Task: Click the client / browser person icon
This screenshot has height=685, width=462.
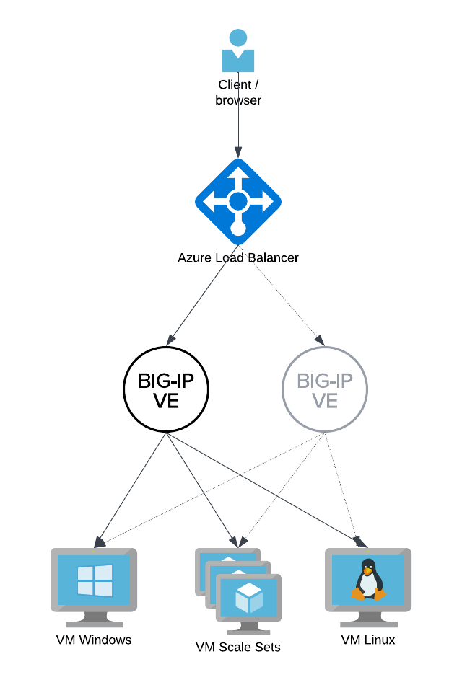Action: pyautogui.click(x=237, y=50)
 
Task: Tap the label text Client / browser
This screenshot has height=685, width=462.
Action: pyautogui.click(x=238, y=93)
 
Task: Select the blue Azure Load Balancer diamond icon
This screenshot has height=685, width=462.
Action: pyautogui.click(x=238, y=201)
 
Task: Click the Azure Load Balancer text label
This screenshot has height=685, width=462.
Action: pyautogui.click(x=238, y=257)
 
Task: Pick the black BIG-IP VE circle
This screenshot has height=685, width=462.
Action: pyautogui.click(x=166, y=390)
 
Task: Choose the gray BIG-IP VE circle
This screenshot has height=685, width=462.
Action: pyautogui.click(x=324, y=390)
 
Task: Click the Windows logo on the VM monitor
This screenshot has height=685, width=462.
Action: pyautogui.click(x=95, y=580)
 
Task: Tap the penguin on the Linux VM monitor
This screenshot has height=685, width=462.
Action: pyautogui.click(x=368, y=580)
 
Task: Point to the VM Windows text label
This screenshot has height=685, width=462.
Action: pyautogui.click(x=94, y=640)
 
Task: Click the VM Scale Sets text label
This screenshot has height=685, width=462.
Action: pyautogui.click(x=238, y=647)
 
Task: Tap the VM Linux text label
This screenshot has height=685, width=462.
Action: pyautogui.click(x=368, y=640)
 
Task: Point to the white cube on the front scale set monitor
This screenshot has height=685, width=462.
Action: pyautogui.click(x=248, y=597)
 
